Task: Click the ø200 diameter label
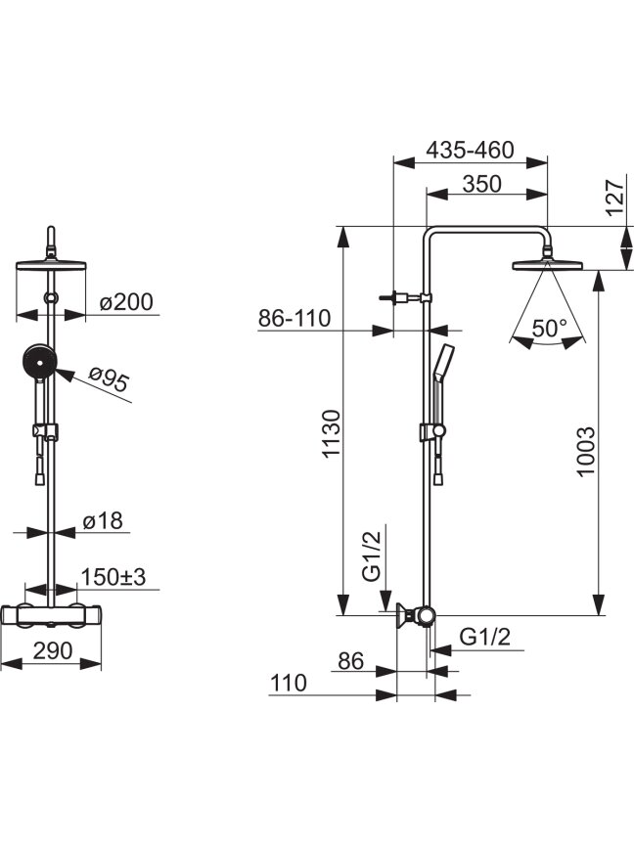pos(126,302)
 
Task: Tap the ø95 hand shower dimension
pos(110,378)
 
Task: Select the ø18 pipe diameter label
pos(103,521)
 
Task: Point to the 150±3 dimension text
pos(113,577)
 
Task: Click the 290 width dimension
pos(52,650)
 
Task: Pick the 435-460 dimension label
pos(470,150)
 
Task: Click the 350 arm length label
pos(482,184)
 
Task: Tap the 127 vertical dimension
pos(615,198)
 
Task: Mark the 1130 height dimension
pos(332,434)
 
